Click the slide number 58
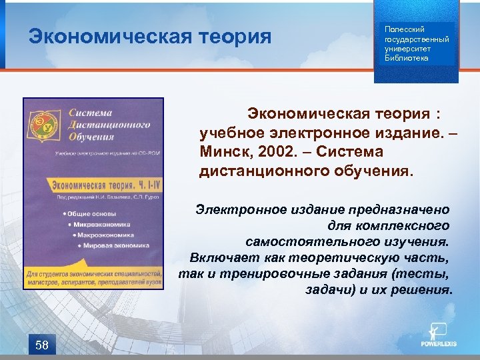point(41,344)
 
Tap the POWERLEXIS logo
point(437,337)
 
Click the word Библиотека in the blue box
point(407,58)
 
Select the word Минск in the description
point(223,152)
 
